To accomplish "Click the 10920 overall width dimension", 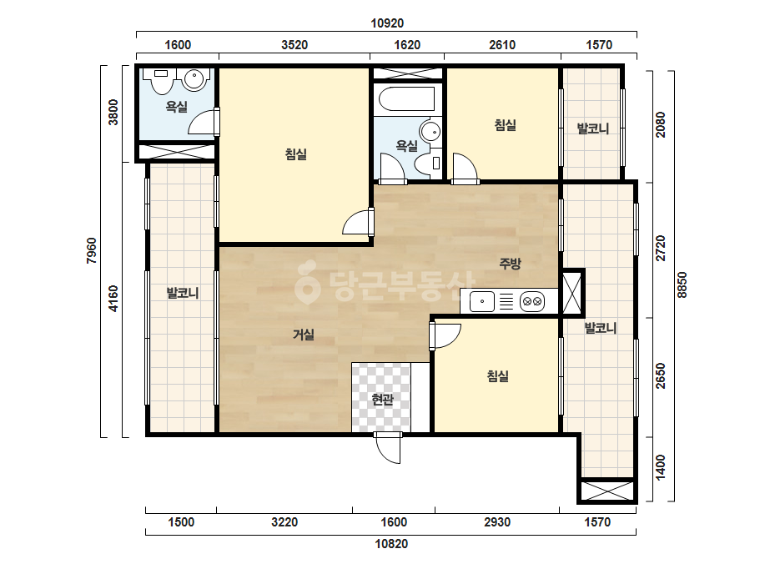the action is coord(387,23).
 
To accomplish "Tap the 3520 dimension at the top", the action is coord(294,45).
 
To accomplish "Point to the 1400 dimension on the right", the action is coord(661,467).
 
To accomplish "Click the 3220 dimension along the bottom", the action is coord(284,521).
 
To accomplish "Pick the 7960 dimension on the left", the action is coord(92,250).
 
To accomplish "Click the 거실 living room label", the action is coord(304,335).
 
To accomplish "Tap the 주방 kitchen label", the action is coord(510,264).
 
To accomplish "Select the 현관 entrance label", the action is coord(382,400).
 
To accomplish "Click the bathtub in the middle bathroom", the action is coord(407,99).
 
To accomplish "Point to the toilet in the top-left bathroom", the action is coord(161,79).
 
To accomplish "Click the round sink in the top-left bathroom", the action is coord(194,78).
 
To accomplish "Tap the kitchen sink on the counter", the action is coord(481,301).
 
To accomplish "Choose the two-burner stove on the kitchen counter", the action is coord(532,301).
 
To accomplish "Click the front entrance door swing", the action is coord(388,447).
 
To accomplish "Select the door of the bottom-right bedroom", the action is coord(445,335).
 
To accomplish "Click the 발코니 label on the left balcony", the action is coord(183,294).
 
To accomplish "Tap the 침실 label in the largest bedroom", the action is coord(295,154).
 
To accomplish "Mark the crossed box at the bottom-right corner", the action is coord(607,491).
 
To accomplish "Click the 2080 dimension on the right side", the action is coord(661,125).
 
